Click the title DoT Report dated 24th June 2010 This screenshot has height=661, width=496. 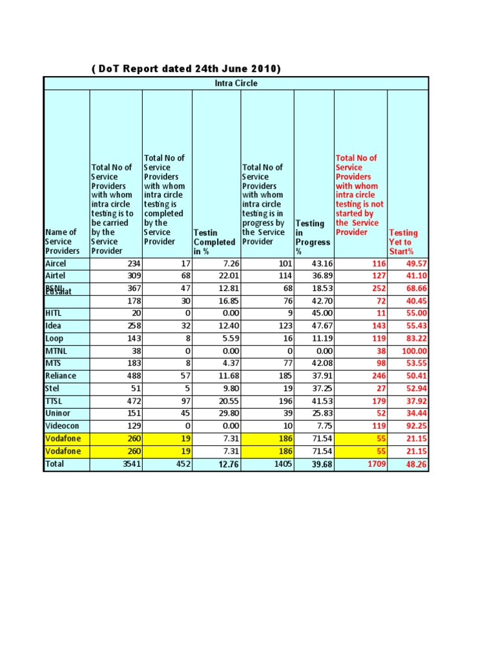188,69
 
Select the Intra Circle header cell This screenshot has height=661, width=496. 236,83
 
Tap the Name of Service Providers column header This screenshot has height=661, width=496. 61,241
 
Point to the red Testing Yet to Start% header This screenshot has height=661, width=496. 403,242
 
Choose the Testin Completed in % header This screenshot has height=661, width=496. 214,242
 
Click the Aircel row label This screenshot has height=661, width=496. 56,264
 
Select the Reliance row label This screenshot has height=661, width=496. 60,376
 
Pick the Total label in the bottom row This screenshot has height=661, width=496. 55,464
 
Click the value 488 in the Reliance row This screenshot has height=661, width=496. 132,376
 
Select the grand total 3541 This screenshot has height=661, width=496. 130,464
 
